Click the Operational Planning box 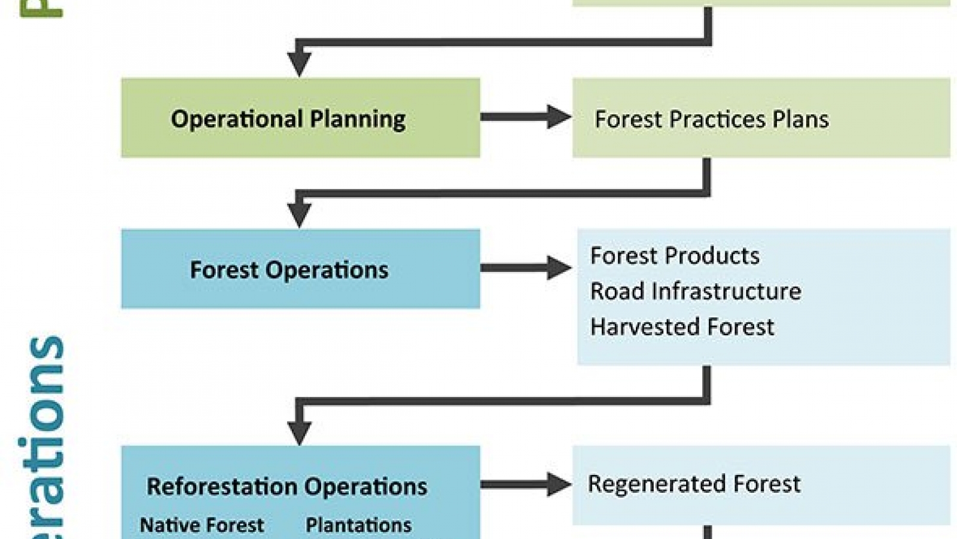click(x=300, y=118)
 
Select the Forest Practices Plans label click(x=711, y=119)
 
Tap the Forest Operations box click(x=300, y=269)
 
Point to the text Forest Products click(x=675, y=256)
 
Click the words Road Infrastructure click(x=695, y=291)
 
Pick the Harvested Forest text click(x=682, y=327)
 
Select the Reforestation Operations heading click(x=287, y=486)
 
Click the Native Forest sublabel click(x=202, y=525)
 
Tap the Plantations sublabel click(x=358, y=525)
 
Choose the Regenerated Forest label click(x=694, y=484)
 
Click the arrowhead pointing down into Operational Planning click(x=299, y=63)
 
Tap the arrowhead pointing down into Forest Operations click(x=299, y=214)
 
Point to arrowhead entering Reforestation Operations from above click(x=299, y=431)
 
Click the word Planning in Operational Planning click(x=358, y=119)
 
